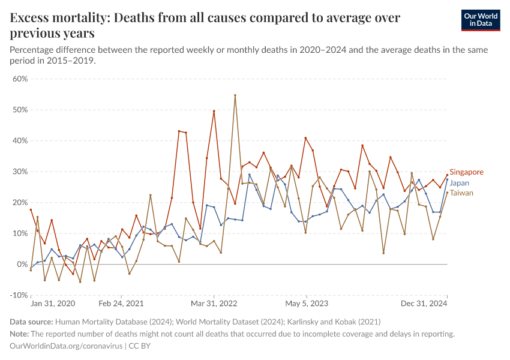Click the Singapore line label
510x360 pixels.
pyautogui.click(x=466, y=172)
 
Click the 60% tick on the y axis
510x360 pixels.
pyautogui.click(x=20, y=79)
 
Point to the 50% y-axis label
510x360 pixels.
pyautogui.click(x=20, y=110)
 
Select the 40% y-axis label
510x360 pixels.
pyautogui.click(x=20, y=141)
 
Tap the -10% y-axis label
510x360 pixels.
pyautogui.click(x=19, y=295)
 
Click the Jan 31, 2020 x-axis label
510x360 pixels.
pyautogui.click(x=53, y=304)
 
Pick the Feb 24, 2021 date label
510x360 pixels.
pyautogui.click(x=121, y=304)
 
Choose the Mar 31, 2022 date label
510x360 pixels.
pyautogui.click(x=214, y=304)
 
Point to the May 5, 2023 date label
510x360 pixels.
pyautogui.click(x=307, y=304)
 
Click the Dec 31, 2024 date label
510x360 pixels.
pyautogui.click(x=424, y=304)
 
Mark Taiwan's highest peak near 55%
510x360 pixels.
pyautogui.click(x=235, y=95)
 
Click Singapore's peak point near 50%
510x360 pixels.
pyautogui.click(x=214, y=111)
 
